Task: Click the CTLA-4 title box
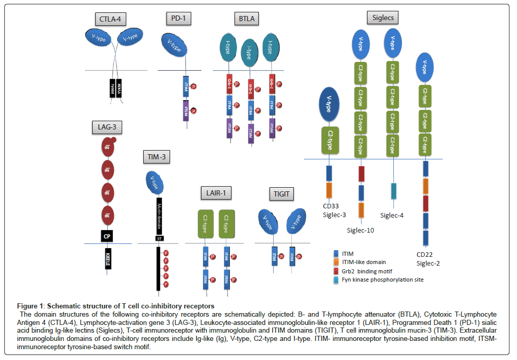111,20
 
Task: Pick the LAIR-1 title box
216,193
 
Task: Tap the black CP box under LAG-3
107,236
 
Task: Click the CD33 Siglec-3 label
328,210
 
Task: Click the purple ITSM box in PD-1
187,112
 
